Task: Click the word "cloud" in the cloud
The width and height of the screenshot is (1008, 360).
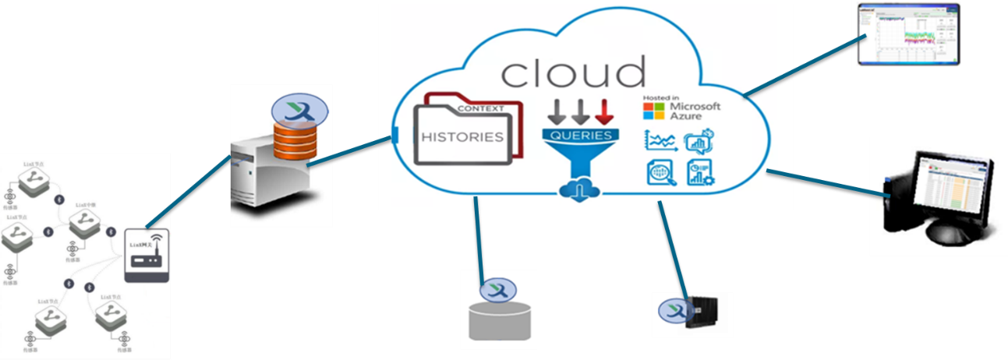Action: pyautogui.click(x=573, y=72)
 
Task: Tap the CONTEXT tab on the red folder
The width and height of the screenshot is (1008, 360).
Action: pyautogui.click(x=480, y=108)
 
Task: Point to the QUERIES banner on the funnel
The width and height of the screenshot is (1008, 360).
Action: pyautogui.click(x=581, y=135)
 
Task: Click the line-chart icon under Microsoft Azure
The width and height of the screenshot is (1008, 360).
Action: pyautogui.click(x=660, y=141)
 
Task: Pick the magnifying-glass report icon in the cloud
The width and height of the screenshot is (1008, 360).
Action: pyautogui.click(x=660, y=173)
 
